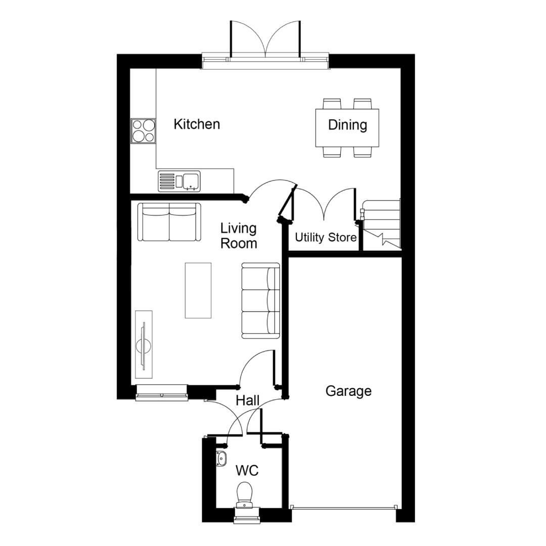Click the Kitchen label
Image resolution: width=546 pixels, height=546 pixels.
pyautogui.click(x=197, y=124)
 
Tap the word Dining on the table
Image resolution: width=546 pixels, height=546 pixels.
pyautogui.click(x=347, y=125)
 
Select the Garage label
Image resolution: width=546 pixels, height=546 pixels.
pyautogui.click(x=348, y=391)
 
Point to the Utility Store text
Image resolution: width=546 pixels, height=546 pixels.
pyautogui.click(x=326, y=238)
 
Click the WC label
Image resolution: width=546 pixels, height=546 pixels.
pyautogui.click(x=247, y=471)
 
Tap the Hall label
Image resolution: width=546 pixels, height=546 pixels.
pyautogui.click(x=248, y=401)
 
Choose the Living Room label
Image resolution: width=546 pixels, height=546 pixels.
pyautogui.click(x=239, y=236)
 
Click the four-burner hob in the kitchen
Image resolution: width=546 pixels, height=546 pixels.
pyautogui.click(x=143, y=131)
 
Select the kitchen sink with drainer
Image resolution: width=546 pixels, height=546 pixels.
pyautogui.click(x=179, y=181)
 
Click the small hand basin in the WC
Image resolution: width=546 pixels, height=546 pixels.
pyautogui.click(x=221, y=459)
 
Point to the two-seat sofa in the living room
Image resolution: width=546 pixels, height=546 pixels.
pyautogui.click(x=169, y=222)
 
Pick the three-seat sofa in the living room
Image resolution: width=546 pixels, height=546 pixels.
pyautogui.click(x=261, y=301)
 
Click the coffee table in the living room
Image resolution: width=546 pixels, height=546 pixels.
pyautogui.click(x=198, y=290)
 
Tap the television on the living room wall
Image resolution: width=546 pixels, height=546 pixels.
pyautogui.click(x=144, y=345)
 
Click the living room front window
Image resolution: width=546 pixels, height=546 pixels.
pyautogui.click(x=162, y=392)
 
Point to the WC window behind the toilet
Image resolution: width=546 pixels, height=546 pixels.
pyautogui.click(x=247, y=516)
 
